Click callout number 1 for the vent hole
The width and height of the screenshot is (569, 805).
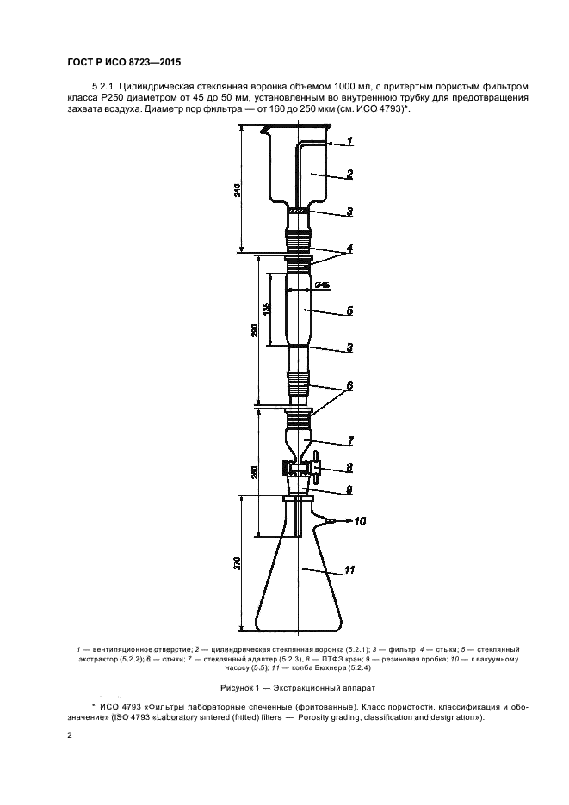click(349, 141)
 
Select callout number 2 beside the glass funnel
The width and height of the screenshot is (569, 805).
click(349, 175)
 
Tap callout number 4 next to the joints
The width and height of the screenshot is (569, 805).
click(349, 249)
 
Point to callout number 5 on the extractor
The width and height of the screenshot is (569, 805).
click(349, 311)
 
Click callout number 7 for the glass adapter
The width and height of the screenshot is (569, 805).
click(350, 440)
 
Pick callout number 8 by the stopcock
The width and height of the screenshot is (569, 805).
click(349, 468)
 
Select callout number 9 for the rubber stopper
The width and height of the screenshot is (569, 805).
click(349, 490)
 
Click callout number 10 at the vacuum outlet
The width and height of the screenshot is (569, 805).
click(359, 521)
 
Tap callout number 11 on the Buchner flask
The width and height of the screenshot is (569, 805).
click(349, 570)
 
